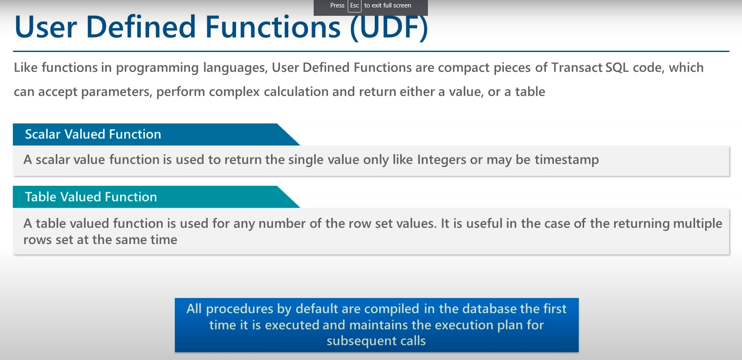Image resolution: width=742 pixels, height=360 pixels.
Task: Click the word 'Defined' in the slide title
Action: (141, 27)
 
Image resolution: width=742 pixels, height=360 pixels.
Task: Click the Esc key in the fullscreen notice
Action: (354, 5)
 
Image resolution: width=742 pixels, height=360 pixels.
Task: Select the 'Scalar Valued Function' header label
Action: (93, 134)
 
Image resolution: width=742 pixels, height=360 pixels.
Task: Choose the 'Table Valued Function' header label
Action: (91, 197)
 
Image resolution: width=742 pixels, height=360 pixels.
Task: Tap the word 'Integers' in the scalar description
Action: (442, 160)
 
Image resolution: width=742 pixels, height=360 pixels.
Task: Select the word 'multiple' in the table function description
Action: (698, 224)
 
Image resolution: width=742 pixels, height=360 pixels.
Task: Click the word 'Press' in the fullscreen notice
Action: (337, 5)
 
